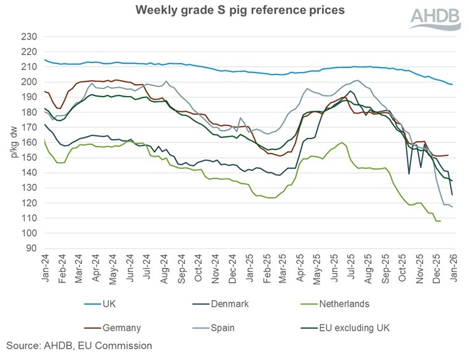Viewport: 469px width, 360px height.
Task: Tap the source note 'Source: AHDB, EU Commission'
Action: point(79,346)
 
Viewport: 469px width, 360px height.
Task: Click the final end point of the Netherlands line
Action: point(440,221)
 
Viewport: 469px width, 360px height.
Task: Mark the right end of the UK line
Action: point(452,85)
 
